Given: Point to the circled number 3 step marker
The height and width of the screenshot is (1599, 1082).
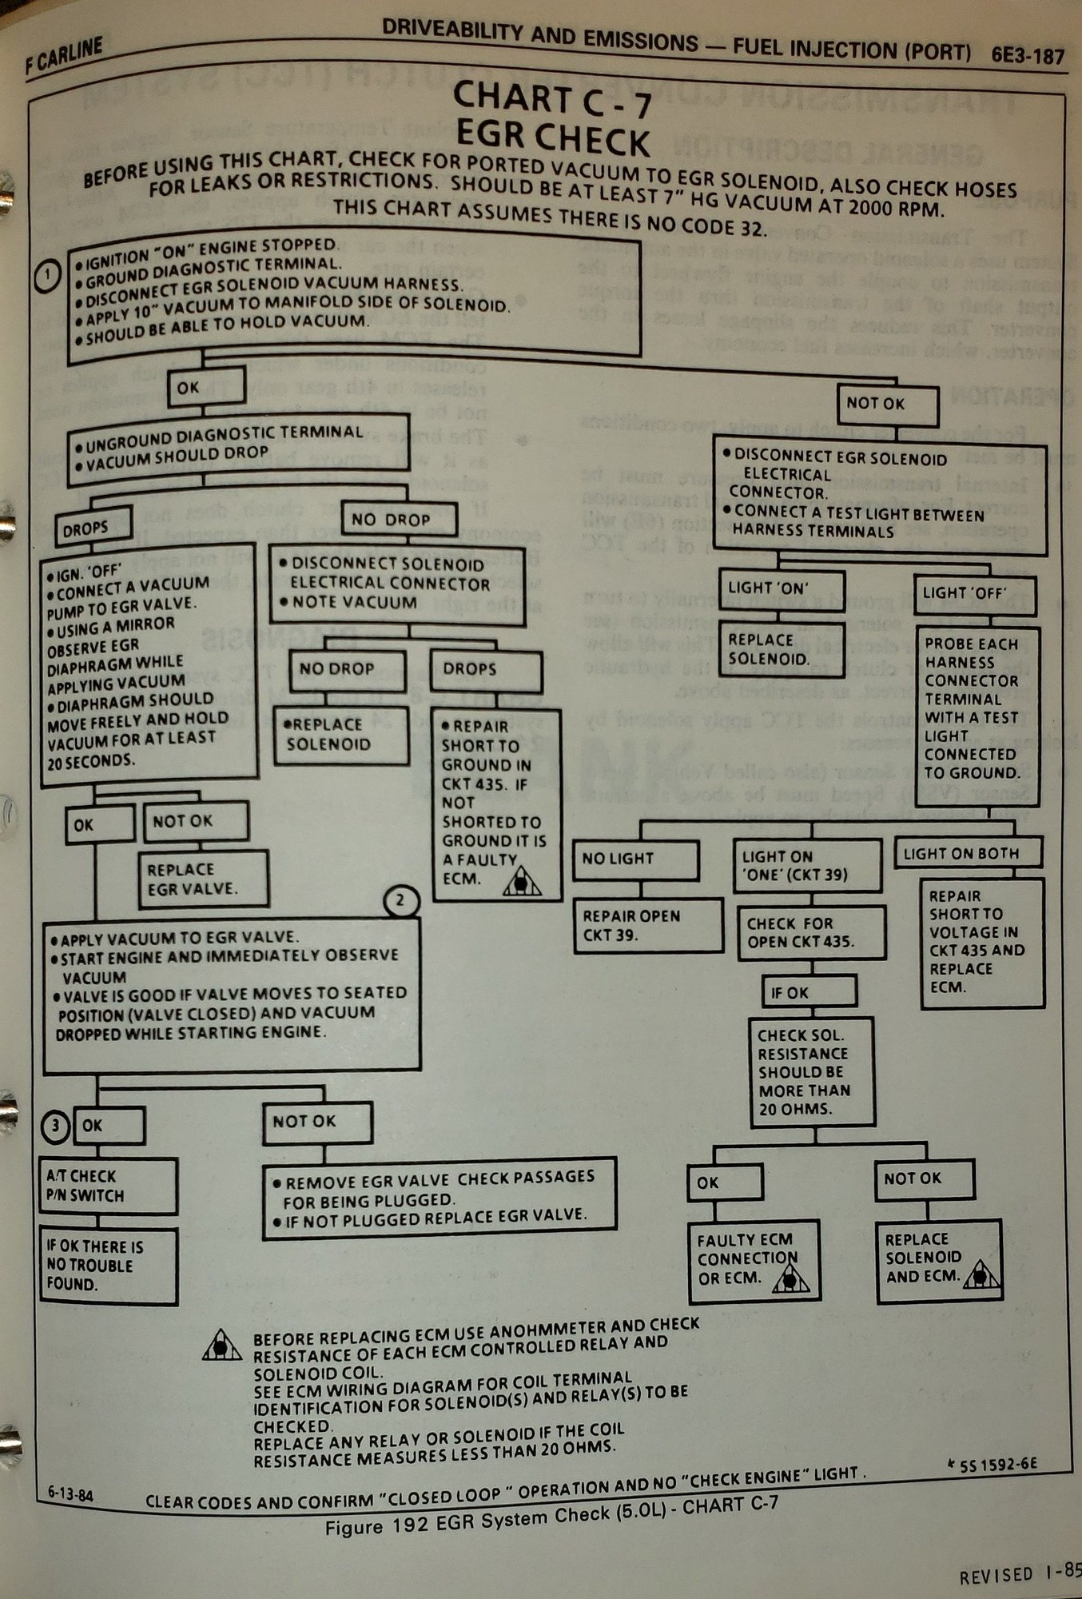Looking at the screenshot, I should point(55,1126).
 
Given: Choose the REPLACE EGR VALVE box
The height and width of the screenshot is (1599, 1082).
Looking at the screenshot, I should point(203,879).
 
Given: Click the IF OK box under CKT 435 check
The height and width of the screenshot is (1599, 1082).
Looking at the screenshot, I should point(809,992).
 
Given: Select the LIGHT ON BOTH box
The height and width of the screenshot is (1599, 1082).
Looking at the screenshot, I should point(968,853).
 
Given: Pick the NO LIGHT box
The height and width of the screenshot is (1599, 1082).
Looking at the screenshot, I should point(635,859).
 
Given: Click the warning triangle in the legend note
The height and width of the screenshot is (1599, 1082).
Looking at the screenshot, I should point(223,1346).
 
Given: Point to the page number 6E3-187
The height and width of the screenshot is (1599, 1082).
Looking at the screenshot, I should point(1028,56).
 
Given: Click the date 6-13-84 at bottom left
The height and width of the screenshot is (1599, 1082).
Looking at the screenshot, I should point(70,1492).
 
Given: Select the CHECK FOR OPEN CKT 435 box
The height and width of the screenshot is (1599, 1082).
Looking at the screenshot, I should point(810,932).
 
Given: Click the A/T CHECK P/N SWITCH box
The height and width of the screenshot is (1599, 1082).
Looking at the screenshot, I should point(108,1186).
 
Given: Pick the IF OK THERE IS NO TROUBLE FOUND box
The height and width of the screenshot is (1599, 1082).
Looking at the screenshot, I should point(108,1265).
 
